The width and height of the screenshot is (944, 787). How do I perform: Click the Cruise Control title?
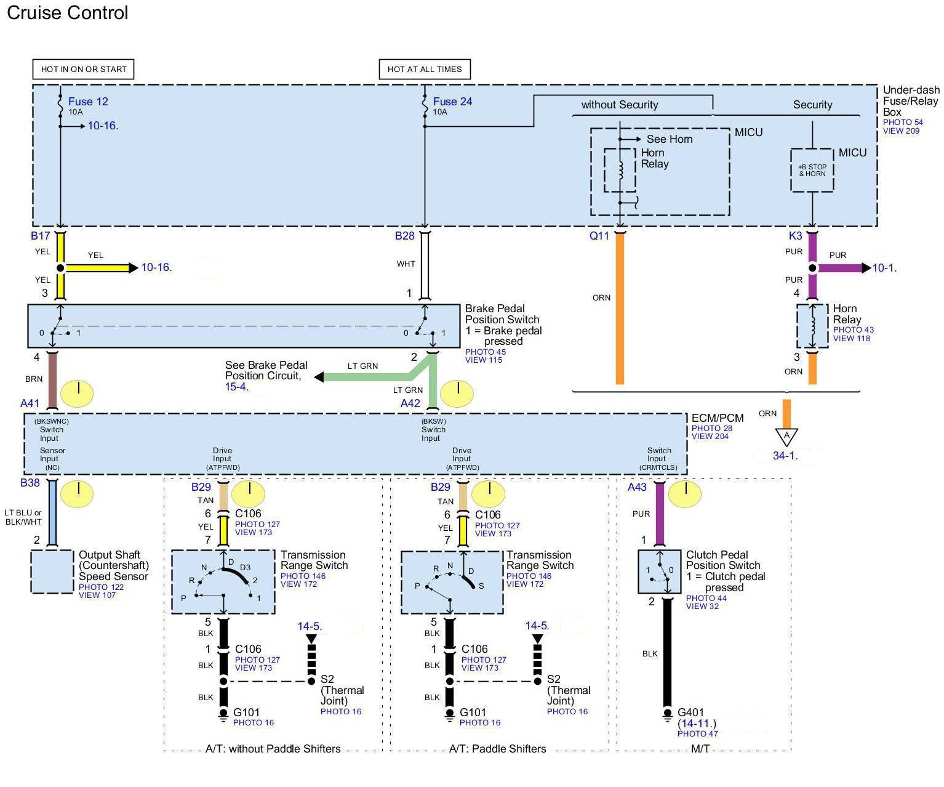[67, 13]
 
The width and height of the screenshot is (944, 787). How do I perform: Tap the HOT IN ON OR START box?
[83, 69]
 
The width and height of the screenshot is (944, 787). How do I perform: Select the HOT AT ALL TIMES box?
[424, 69]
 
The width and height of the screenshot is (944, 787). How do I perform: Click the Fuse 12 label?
[88, 102]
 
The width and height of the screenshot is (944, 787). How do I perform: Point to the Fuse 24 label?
[452, 102]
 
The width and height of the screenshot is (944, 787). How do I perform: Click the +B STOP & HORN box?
[812, 170]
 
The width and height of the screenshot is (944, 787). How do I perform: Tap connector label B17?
[40, 236]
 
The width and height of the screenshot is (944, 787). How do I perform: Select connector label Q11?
[599, 236]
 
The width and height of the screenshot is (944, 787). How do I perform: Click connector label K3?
[795, 236]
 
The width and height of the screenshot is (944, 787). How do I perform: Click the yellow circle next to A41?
[77, 393]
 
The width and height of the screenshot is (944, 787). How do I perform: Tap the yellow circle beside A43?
[684, 493]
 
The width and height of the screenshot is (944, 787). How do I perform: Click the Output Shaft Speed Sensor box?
[52, 571]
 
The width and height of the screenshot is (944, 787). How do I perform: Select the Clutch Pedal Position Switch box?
[658, 571]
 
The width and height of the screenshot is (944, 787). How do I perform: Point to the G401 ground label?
[690, 712]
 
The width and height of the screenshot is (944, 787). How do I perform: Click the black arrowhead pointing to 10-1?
[866, 268]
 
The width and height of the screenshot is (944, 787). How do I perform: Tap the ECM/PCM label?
[717, 418]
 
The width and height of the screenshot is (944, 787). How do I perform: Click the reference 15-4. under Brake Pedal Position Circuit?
[236, 387]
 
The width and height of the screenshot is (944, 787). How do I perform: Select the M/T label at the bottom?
[700, 749]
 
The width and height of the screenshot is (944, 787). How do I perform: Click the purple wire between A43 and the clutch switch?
[660, 514]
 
